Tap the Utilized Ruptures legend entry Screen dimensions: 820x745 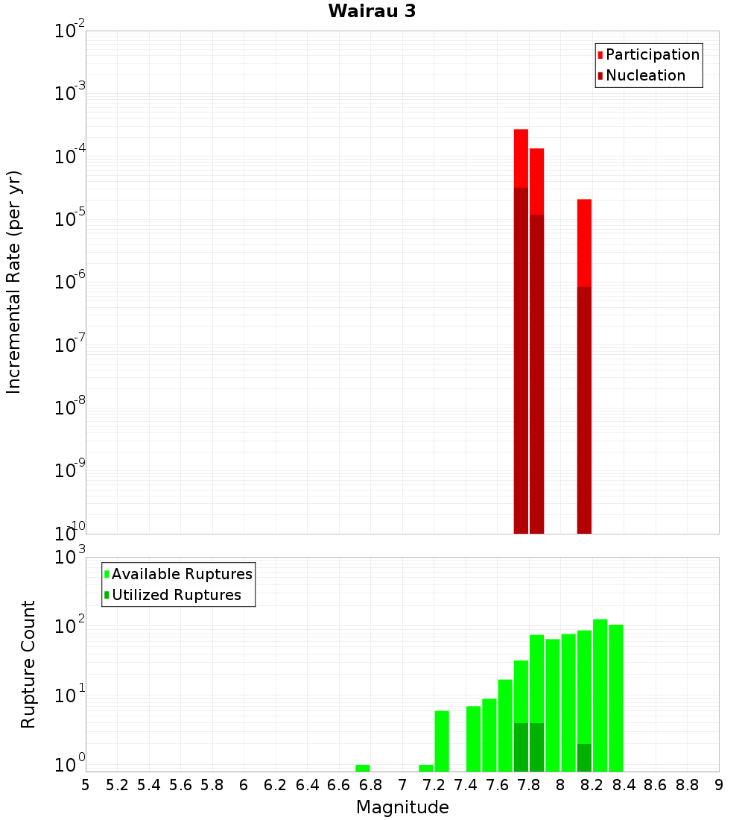point(176,595)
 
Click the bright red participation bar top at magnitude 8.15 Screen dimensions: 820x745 point(584,201)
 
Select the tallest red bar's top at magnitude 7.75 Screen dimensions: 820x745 point(521,131)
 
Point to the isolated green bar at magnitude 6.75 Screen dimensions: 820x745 point(363,768)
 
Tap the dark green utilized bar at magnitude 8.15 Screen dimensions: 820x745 point(584,757)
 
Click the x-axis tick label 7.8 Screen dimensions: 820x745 point(529,785)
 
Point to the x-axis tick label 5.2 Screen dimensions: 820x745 point(118,785)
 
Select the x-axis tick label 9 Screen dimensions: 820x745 point(719,785)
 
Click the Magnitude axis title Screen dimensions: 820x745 point(402,807)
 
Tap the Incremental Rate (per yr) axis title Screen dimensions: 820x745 point(14,282)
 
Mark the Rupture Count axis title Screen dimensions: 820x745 point(28,664)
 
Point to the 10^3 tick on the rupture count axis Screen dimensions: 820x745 point(72,558)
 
